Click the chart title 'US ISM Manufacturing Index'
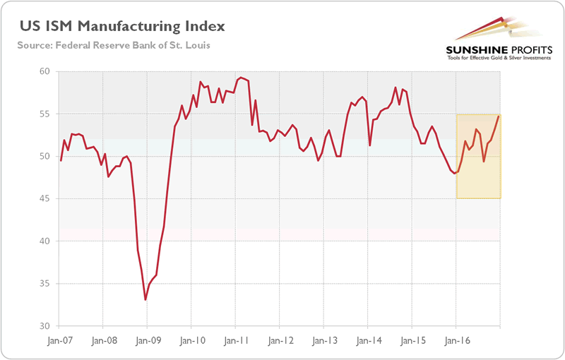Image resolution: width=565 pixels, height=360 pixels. pyautogui.click(x=121, y=26)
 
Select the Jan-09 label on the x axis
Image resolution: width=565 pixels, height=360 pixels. pyautogui.click(x=147, y=340)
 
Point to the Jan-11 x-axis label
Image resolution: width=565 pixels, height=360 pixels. pyautogui.click(x=235, y=340)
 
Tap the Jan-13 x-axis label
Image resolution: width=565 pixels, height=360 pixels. pyautogui.click(x=323, y=340)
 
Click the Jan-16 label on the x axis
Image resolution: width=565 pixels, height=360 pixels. pyautogui.click(x=456, y=340)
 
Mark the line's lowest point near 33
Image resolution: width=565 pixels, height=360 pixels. pyautogui.click(x=145, y=300)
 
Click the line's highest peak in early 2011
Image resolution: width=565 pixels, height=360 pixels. pyautogui.click(x=241, y=77)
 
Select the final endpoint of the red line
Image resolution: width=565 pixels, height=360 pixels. pyautogui.click(x=500, y=116)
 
